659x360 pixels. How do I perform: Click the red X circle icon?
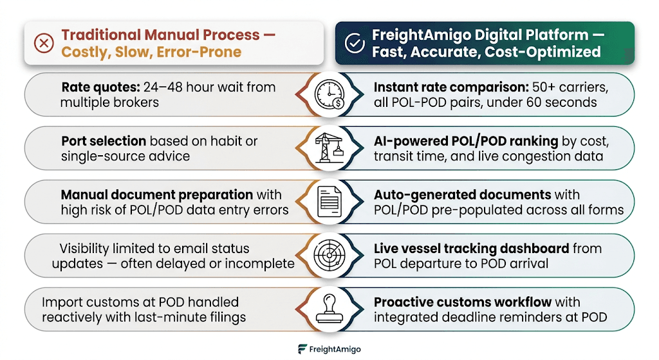click(x=44, y=43)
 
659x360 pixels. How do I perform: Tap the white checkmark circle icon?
click(x=355, y=43)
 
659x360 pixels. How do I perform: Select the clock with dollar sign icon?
click(x=330, y=95)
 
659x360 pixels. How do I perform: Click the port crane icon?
click(x=329, y=147)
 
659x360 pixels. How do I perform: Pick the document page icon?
click(x=329, y=202)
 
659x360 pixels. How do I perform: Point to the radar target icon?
click(x=329, y=255)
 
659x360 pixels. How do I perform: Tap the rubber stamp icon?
click(x=329, y=308)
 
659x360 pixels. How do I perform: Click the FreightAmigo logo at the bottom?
click(x=329, y=349)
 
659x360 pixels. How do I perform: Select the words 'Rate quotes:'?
click(x=100, y=88)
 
